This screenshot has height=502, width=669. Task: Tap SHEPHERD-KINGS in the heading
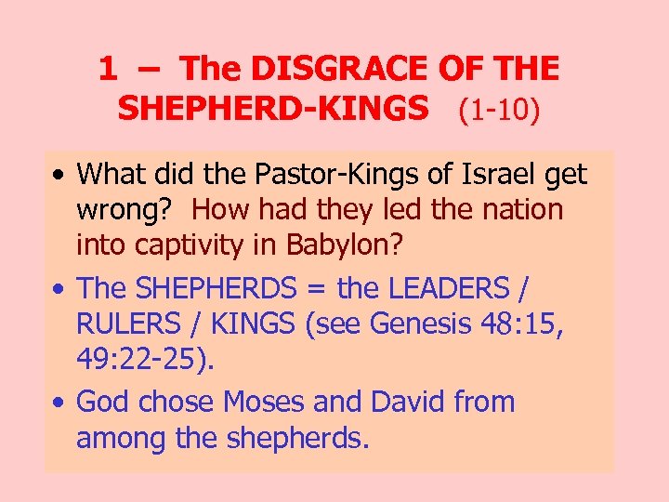[274, 109]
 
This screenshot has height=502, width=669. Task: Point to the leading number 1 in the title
[108, 68]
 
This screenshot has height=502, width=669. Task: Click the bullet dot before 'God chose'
[59, 403]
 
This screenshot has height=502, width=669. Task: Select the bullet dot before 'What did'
[59, 175]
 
